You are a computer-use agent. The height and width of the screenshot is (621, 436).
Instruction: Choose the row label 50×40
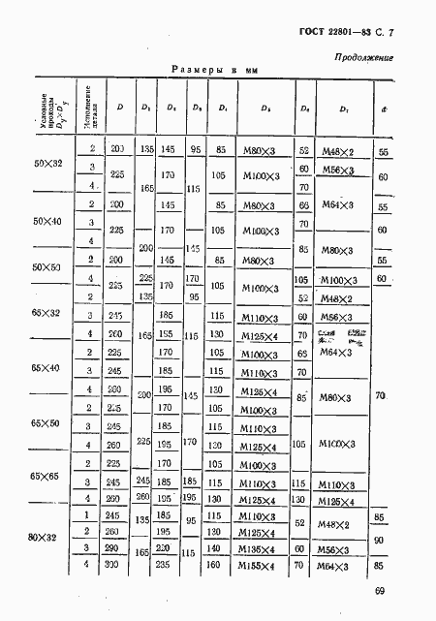(47, 222)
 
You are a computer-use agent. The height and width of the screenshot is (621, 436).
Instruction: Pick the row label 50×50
(47, 266)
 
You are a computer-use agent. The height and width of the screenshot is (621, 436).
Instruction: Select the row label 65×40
(47, 369)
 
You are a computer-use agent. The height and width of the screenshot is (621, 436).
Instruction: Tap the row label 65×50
(47, 423)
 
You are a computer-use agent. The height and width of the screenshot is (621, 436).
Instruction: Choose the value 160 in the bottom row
(220, 564)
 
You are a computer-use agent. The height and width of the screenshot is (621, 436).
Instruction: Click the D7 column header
(345, 109)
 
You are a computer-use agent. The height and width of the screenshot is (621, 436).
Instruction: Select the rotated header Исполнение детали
(86, 109)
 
